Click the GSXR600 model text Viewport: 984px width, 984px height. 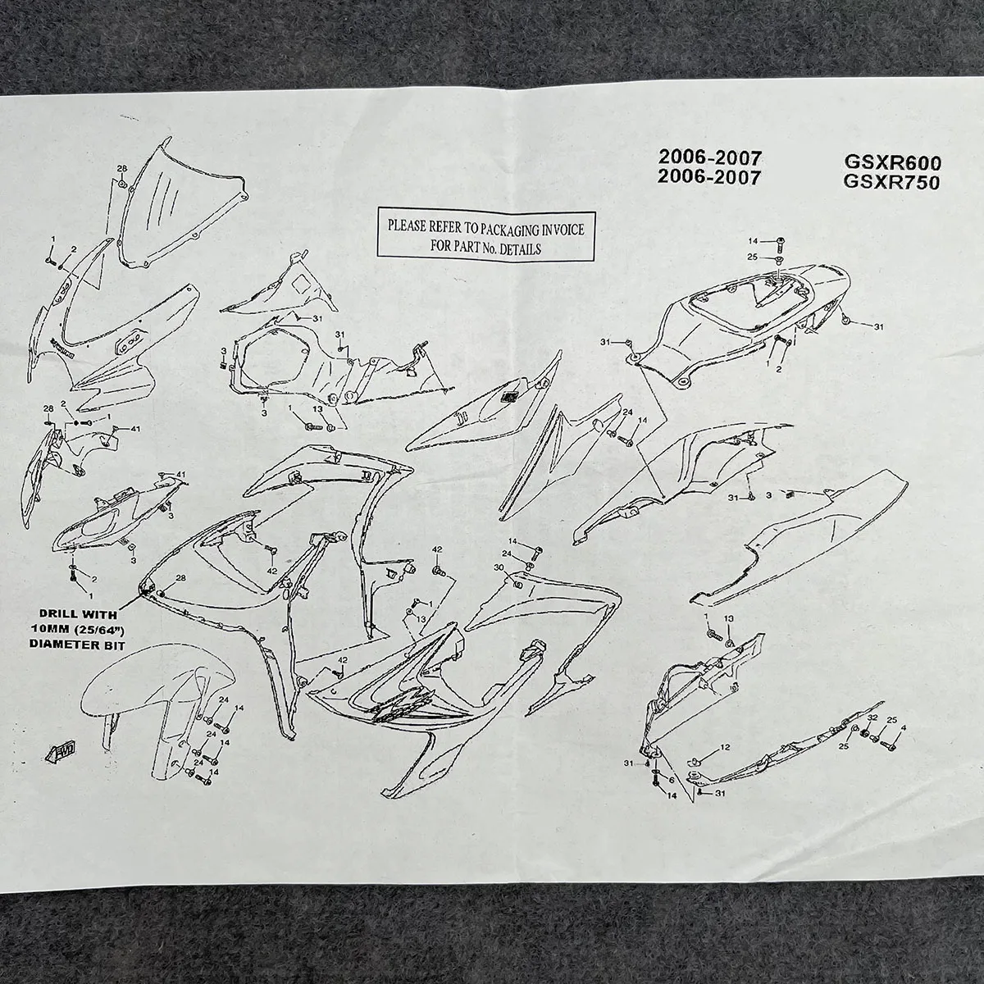[891, 162]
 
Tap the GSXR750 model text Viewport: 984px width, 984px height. [891, 182]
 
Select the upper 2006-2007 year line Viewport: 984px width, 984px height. [711, 157]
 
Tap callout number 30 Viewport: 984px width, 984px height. [499, 567]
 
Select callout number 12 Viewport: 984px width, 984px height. [725, 747]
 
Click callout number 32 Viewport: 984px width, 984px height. [872, 718]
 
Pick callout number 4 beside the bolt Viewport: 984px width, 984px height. [904, 727]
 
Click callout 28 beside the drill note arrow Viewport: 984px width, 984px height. [180, 579]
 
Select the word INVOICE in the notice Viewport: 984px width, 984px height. [562, 229]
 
